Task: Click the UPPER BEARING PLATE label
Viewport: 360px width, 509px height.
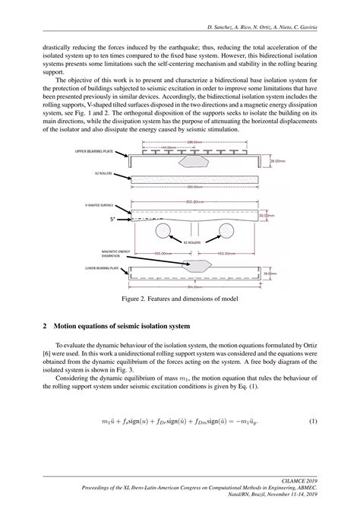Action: [94, 152]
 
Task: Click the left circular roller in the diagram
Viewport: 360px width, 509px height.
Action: [161, 230]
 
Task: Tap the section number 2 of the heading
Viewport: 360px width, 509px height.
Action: [46, 327]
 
